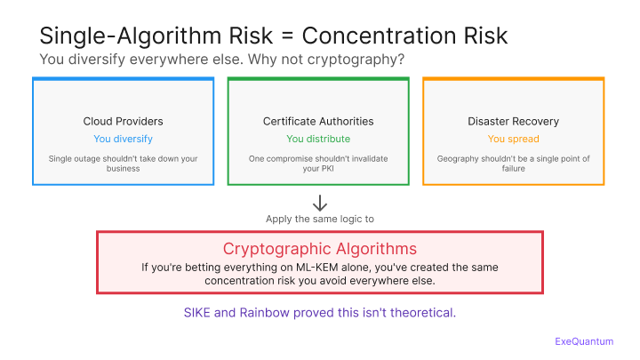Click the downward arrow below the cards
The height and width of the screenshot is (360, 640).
coord(319,203)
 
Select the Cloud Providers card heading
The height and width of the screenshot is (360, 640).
coord(123,121)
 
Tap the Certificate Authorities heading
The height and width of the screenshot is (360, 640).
coord(318,121)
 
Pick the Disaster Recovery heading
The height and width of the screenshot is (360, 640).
coord(513,121)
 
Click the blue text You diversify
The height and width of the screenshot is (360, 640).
coord(123,139)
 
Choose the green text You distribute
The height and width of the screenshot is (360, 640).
coord(318,139)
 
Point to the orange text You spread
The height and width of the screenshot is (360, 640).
coord(513,139)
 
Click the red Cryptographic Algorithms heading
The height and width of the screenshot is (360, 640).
coord(319,248)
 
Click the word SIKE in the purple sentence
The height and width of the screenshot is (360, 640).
coord(202,313)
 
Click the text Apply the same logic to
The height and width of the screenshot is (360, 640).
coord(319,219)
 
